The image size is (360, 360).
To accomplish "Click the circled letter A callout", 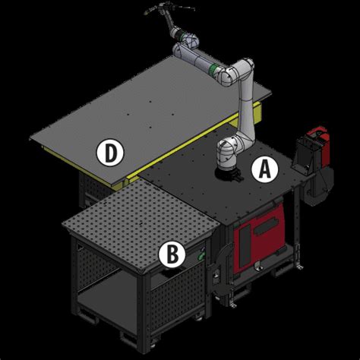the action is pos(264,169).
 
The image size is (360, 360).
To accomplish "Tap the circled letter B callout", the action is pos(172,254).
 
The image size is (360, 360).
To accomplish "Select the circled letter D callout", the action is pos(110,153).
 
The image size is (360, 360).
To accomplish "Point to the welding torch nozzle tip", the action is pos(147,13).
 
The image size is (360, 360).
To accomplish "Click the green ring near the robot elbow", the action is pos(214,69).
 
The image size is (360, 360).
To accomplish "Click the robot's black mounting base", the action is pos(227,175).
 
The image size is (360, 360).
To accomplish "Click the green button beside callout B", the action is pos(201,257).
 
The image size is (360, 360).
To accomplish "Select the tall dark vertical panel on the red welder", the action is pos(245,246).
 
